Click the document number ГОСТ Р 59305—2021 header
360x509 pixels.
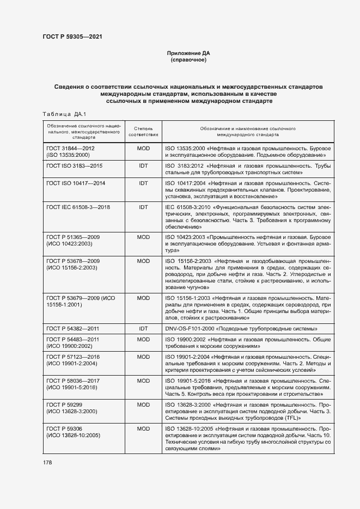[x=72, y=37]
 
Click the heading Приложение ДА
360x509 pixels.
[x=188, y=53]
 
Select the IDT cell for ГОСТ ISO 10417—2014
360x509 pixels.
[x=143, y=183]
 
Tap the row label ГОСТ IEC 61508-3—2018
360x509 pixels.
[x=78, y=207]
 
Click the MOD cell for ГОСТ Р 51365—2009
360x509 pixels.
[x=143, y=237]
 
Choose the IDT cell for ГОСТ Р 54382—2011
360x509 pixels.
[x=143, y=329]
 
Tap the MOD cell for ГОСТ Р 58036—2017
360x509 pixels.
[x=143, y=381]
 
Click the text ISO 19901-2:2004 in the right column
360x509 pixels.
[x=188, y=357]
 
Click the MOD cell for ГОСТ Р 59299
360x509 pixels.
[x=143, y=404]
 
